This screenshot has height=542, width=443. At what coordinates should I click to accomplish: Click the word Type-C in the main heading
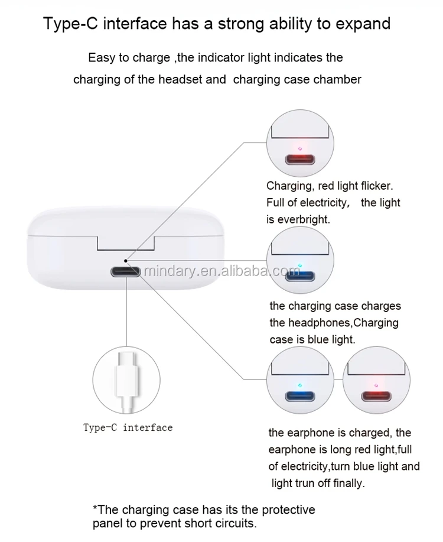[x=71, y=24]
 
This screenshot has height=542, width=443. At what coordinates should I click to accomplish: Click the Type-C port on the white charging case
[x=125, y=272]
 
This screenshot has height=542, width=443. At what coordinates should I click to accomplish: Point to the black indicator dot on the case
[x=126, y=261]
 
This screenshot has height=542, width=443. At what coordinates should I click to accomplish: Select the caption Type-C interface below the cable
[x=128, y=427]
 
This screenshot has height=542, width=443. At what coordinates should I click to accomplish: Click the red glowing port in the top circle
[x=300, y=160]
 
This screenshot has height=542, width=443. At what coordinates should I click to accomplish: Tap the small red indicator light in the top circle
[x=300, y=148]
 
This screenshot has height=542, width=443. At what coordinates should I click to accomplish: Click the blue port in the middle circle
[x=300, y=277]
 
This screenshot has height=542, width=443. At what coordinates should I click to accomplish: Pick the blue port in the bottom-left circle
[x=300, y=396]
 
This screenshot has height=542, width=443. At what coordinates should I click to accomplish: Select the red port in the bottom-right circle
[x=376, y=396]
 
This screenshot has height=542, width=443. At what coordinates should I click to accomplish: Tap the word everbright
[x=304, y=219]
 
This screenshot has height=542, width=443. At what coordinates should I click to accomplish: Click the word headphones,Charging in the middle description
[x=344, y=323]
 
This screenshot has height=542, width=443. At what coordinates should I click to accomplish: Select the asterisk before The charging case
[x=95, y=508]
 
